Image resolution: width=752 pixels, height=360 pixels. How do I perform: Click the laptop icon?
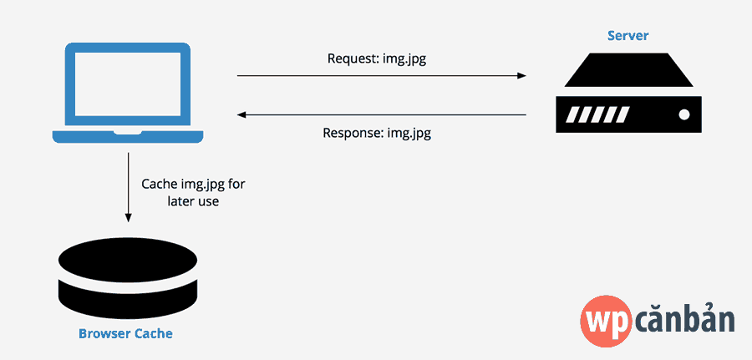[x=128, y=93]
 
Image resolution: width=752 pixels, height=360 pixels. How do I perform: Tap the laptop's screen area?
[x=128, y=84]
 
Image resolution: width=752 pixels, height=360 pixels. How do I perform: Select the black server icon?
[x=628, y=91]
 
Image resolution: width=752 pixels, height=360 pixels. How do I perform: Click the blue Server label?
[x=628, y=36]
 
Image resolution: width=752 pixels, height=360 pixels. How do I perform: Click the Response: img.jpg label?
[x=378, y=133]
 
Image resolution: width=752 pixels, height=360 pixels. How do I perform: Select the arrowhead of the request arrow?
[x=521, y=76]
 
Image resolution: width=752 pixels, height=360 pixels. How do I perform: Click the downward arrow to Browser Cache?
[x=128, y=188]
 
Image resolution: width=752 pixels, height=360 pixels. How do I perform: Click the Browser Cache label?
[x=125, y=334]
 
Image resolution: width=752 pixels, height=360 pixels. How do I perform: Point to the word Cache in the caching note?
[x=159, y=184]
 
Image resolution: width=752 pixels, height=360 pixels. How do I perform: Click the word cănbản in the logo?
[x=686, y=320]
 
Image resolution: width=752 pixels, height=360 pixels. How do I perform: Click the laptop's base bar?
[x=128, y=137]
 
